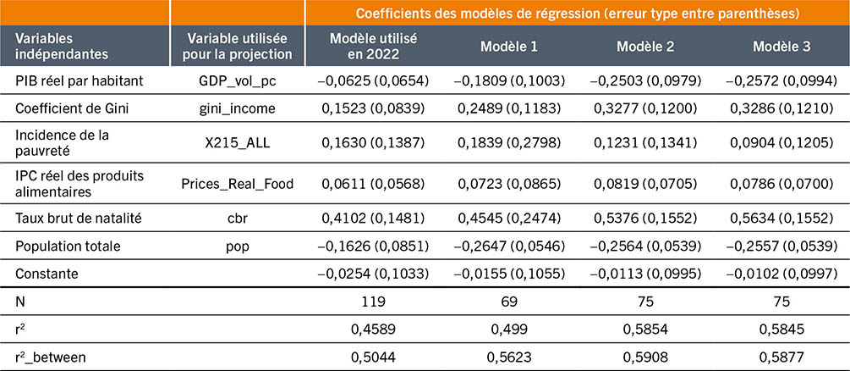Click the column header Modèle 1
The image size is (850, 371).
509,47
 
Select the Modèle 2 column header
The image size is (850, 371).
645,47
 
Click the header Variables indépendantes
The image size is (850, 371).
57,47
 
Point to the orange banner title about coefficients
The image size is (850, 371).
578,14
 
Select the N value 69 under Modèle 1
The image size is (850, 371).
509,302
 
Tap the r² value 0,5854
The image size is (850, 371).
645,329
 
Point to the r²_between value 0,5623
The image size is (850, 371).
509,357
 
